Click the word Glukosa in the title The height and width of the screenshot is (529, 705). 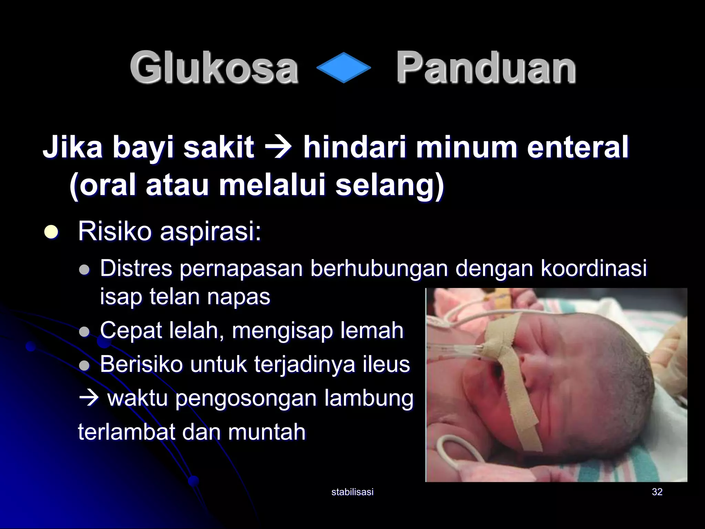(214, 67)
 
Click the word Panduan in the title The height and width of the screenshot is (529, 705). (486, 67)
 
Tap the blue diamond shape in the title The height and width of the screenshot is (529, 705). (343, 68)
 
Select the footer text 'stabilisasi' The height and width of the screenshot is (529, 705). (352, 492)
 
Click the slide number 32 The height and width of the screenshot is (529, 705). (657, 492)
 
